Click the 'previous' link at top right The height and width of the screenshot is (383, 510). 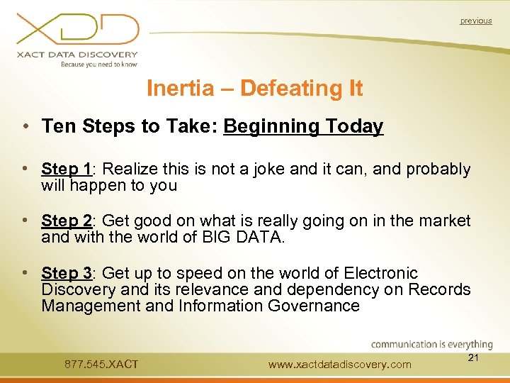pos(475,21)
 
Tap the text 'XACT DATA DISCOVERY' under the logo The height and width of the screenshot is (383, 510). pos(79,55)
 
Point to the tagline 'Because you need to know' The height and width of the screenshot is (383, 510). pos(98,65)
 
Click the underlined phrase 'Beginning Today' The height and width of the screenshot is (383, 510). pos(303,127)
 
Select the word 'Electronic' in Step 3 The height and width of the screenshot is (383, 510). pos(381,273)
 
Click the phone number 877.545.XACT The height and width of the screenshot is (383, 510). pos(101,365)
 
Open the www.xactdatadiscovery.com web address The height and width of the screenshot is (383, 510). pos(339,365)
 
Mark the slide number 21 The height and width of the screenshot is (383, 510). pos(474,358)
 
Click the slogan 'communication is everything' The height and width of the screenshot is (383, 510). pos(431,345)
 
